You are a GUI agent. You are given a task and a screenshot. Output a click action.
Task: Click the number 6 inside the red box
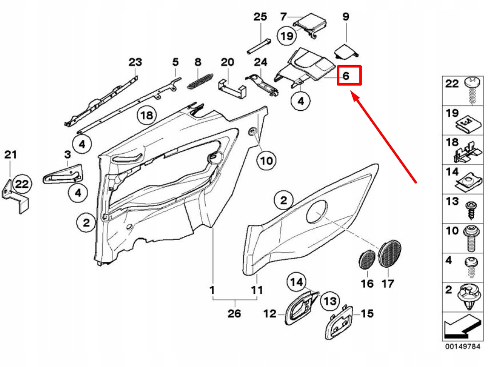click(x=346, y=76)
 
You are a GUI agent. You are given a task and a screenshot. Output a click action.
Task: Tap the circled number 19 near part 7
click(x=287, y=35)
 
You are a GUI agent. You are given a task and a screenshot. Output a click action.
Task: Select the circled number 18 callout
click(x=147, y=115)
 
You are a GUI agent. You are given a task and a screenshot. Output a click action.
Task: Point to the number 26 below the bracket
click(x=234, y=314)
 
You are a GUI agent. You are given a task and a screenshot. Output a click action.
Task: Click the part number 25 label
click(x=260, y=17)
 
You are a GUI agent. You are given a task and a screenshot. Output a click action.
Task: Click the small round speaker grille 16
click(x=366, y=260)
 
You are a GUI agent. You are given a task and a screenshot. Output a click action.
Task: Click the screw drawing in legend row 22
click(x=473, y=90)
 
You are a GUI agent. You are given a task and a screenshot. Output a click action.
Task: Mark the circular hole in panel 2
click(x=316, y=211)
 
